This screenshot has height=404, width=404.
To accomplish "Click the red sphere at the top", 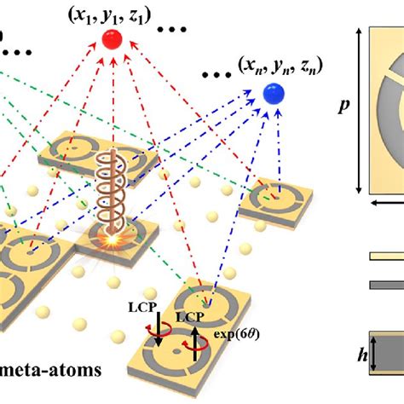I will click(x=113, y=39).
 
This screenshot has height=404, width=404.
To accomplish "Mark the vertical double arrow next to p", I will click(x=360, y=110).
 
